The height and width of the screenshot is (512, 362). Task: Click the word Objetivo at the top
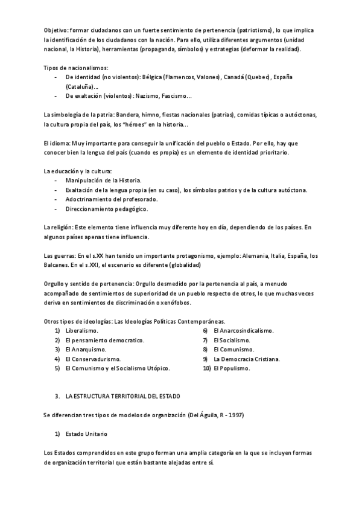tap(56, 30)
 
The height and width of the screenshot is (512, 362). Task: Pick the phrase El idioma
tap(56, 143)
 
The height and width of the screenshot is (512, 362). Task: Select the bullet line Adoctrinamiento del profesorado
tap(112, 199)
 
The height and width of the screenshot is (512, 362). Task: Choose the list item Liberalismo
tap(82, 331)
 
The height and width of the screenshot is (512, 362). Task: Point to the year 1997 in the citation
tap(234, 415)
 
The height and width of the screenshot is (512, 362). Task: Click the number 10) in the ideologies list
tap(205, 368)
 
